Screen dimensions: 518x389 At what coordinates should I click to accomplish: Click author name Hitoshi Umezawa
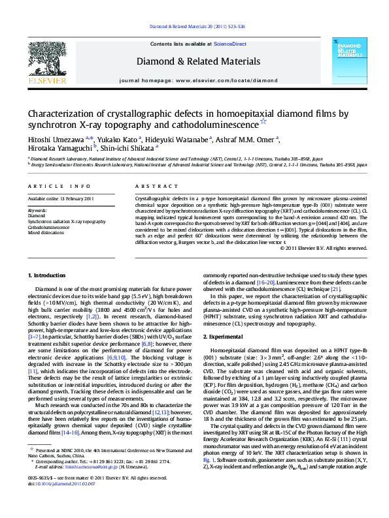point(58,138)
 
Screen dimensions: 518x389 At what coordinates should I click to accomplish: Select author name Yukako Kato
point(118,138)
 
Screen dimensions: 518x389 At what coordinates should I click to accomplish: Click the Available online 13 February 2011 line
point(61,199)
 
